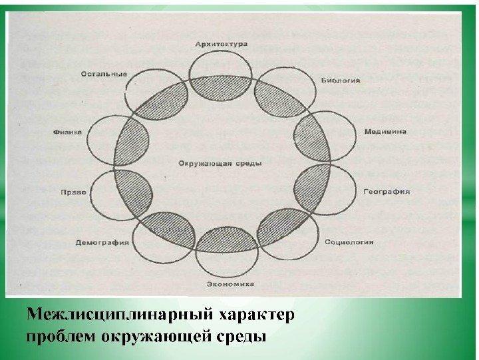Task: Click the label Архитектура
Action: [221, 43]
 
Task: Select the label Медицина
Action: [385, 132]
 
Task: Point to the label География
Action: [386, 192]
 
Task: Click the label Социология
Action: [349, 242]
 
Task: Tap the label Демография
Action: [102, 242]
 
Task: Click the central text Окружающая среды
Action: [220, 163]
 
